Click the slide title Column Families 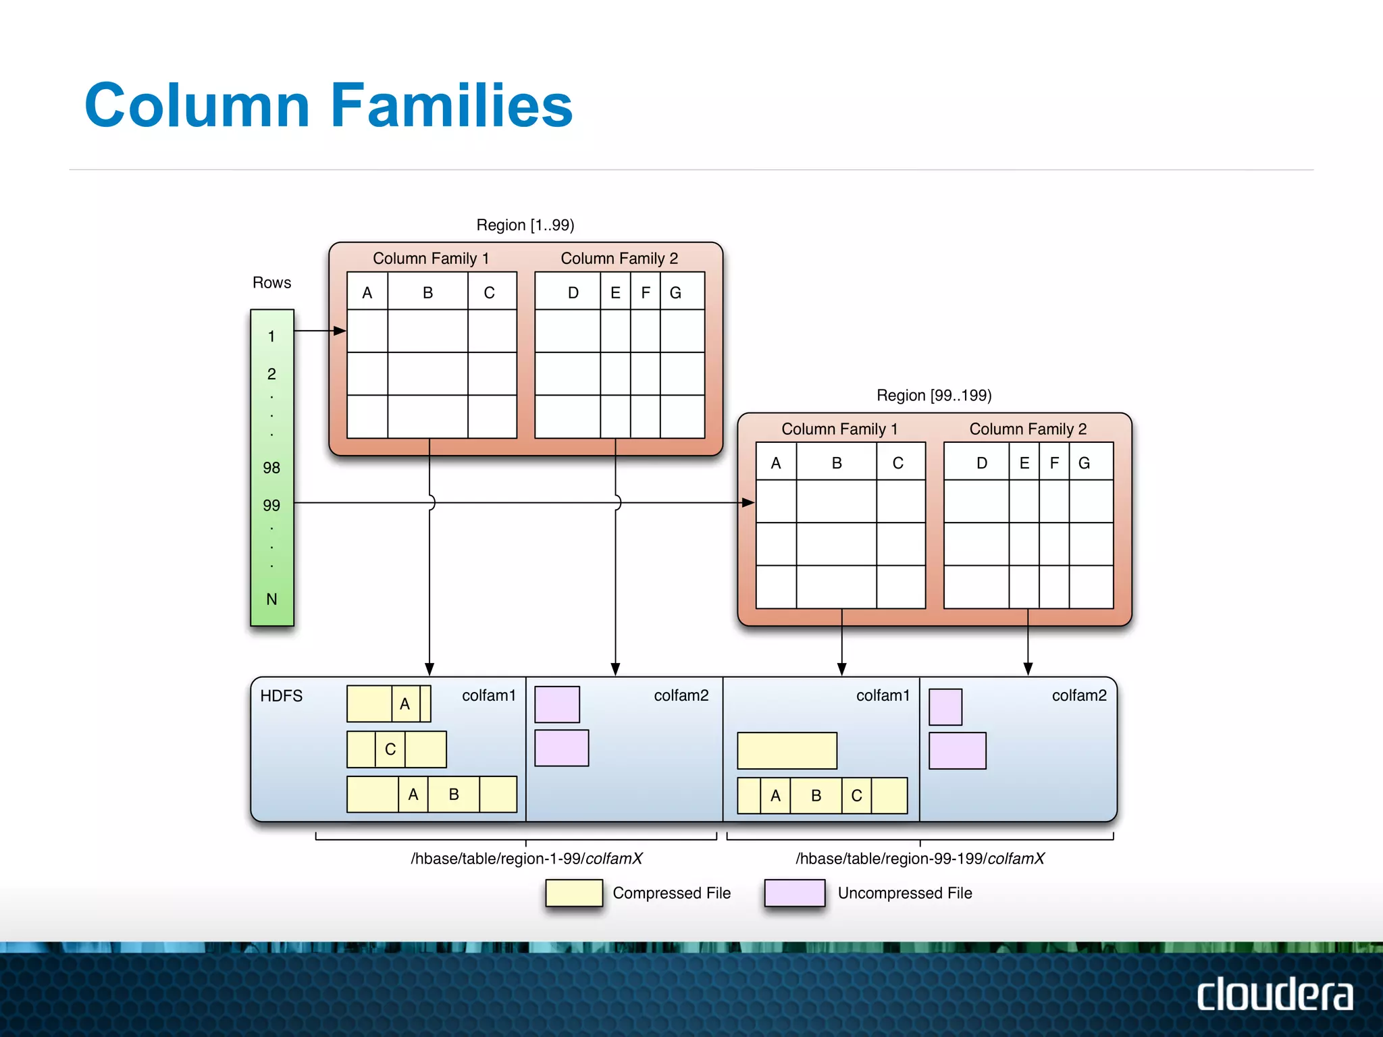coord(328,105)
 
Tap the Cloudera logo coord(1274,994)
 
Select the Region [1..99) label coord(525,225)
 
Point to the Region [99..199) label coord(933,395)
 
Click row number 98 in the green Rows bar coord(271,467)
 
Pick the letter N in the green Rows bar coord(271,599)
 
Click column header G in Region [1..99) coord(675,292)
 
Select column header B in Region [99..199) coord(836,463)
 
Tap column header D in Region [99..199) coord(981,463)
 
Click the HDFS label coord(281,696)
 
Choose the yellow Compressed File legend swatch coord(574,893)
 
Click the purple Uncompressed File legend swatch coord(794,893)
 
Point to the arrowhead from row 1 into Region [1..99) coord(340,331)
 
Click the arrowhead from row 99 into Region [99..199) coord(748,502)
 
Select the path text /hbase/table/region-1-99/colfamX coord(526,858)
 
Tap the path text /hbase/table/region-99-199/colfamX coord(920,858)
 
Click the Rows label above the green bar coord(271,282)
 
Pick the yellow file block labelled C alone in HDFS coord(396,749)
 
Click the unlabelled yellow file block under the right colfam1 coord(787,751)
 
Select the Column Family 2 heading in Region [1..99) coord(619,258)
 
